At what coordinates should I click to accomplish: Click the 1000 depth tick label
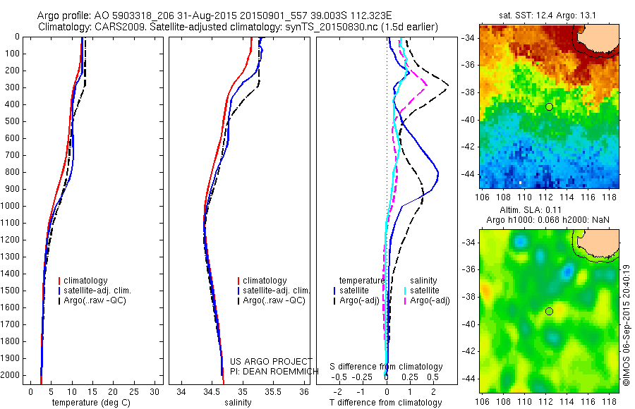pos(11,206)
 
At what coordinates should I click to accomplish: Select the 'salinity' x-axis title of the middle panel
pos(238,403)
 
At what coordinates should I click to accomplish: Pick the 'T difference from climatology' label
pos(387,403)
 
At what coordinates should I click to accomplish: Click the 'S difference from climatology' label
pos(387,367)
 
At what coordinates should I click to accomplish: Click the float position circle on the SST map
pos(549,106)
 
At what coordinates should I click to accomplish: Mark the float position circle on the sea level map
pos(549,311)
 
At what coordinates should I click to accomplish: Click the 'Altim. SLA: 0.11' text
pos(550,211)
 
